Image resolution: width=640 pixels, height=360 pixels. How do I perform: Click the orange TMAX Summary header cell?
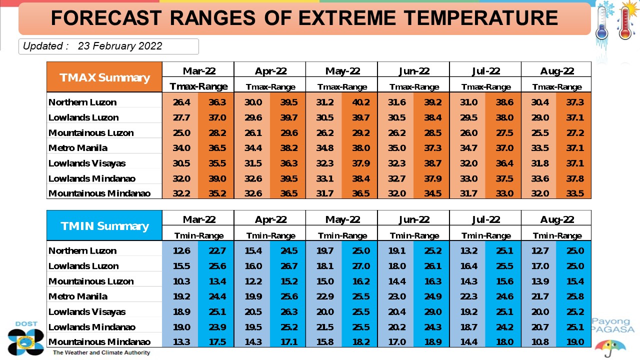tap(104, 77)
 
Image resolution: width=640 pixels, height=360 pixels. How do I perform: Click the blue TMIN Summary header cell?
tap(104, 225)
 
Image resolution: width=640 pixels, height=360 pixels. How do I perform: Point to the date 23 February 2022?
tap(120, 46)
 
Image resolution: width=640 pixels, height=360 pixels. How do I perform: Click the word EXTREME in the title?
tap(347, 17)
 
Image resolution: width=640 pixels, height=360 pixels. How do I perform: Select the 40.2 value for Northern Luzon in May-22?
tap(361, 102)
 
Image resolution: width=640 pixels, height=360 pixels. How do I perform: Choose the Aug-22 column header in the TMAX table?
tap(557, 71)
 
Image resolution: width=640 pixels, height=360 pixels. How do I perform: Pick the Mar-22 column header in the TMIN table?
tap(199, 219)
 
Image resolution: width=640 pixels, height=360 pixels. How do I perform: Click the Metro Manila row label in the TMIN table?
tap(78, 296)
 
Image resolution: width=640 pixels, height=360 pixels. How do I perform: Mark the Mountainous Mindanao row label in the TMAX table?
tap(99, 193)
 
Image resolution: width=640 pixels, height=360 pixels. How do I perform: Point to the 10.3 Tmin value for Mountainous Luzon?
tap(181, 281)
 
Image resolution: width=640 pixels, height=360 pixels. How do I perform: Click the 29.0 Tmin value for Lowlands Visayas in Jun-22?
tap(433, 311)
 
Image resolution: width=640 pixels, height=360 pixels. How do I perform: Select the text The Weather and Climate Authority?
tap(101, 352)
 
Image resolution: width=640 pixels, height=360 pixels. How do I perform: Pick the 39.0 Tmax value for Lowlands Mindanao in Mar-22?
tap(217, 178)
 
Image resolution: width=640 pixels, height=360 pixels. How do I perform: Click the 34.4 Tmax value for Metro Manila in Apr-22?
tap(253, 148)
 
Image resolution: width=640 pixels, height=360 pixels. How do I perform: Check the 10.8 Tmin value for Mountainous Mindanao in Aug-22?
tap(540, 342)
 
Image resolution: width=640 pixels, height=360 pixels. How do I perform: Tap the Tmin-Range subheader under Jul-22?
tap(486, 235)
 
